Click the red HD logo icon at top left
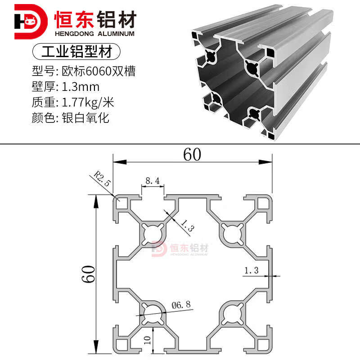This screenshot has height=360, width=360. point(31,22)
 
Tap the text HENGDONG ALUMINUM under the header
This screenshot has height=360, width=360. point(94,34)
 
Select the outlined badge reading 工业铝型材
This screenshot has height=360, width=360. point(76,51)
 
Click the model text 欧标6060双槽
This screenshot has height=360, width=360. point(99,71)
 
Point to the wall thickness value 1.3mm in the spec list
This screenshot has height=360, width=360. point(81,87)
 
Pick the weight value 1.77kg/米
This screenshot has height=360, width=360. point(88,103)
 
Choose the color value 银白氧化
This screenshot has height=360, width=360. point(85,118)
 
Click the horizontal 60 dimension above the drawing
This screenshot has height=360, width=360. point(192,154)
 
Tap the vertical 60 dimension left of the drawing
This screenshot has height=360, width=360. point(88,274)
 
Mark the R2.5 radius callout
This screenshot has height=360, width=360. point(103,178)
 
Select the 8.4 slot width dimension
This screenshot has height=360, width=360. point(153,181)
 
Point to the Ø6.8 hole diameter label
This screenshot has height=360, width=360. point(181,305)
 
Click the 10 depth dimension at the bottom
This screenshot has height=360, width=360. point(148,340)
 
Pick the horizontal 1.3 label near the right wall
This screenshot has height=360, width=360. point(252,270)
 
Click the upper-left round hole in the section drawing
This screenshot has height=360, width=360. point(153,234)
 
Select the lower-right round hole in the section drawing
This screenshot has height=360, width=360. point(232,314)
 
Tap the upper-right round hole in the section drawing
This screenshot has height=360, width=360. point(232,234)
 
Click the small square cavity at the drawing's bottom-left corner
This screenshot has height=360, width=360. point(122,345)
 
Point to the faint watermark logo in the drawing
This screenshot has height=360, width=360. point(180,248)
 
